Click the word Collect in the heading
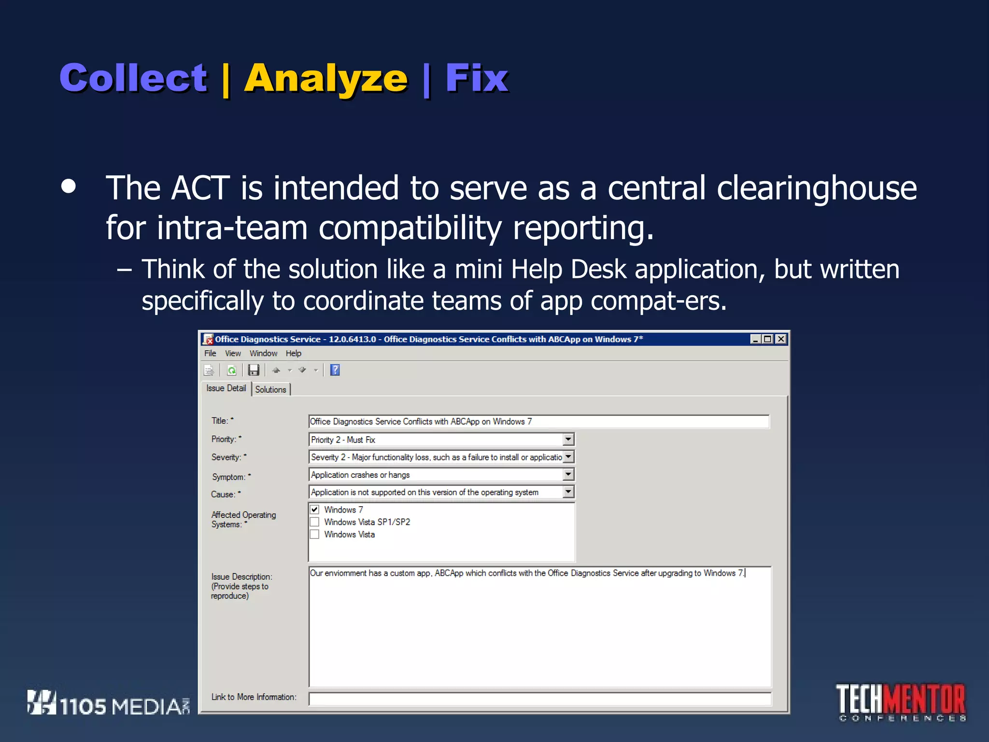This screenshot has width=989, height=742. coord(133,78)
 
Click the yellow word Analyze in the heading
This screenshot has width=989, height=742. coord(326,79)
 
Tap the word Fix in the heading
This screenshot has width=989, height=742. coord(476,78)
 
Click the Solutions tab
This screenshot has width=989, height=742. coord(270,389)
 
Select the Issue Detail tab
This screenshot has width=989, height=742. coord(226,388)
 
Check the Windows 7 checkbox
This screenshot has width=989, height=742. coord(315,510)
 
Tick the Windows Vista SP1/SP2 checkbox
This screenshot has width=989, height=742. coord(315,522)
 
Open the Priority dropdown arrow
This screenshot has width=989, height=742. coord(568,440)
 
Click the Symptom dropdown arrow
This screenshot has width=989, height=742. coord(568,475)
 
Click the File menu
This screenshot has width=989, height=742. coord(210,354)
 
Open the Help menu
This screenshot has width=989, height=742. coord(293,354)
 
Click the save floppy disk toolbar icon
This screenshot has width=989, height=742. coord(254,371)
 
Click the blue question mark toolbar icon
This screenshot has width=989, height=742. coord(335,371)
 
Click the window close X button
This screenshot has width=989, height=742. coord(781,339)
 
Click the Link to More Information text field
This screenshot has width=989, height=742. coord(539,699)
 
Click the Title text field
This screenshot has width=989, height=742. coord(538,422)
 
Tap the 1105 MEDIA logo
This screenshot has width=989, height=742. coord(109,704)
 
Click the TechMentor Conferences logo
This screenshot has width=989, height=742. coord(901,702)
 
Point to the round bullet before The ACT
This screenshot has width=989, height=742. coord(69,187)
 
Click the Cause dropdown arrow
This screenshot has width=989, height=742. coord(568,492)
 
